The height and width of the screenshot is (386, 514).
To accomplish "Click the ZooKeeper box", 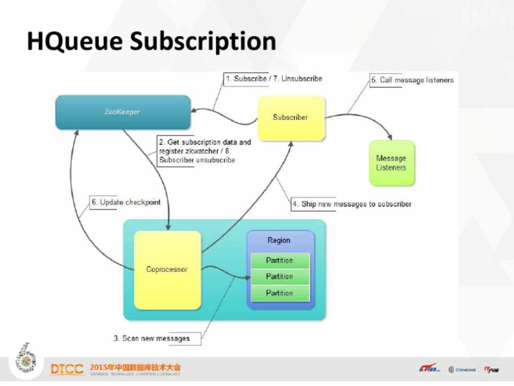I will [x=123, y=112].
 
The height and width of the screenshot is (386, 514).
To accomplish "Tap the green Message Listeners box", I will [x=391, y=163].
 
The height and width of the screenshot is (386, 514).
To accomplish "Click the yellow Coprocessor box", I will [x=167, y=270].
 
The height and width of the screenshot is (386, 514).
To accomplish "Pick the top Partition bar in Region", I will [x=279, y=261].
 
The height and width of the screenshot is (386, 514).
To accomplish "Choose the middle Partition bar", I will [x=279, y=277].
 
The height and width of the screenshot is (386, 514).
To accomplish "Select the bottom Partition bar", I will [x=279, y=293].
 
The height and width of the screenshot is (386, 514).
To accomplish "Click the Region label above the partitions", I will [x=279, y=240].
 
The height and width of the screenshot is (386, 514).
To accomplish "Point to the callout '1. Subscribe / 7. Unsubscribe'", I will [x=274, y=79].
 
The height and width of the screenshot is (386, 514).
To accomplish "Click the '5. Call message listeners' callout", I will [x=412, y=80].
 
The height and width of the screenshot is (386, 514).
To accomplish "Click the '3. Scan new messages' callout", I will [x=152, y=338].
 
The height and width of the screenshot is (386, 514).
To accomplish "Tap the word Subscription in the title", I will [x=203, y=42].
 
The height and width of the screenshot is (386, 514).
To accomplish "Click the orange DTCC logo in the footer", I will [x=67, y=369].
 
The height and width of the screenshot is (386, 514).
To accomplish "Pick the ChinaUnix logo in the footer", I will [x=462, y=369].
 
